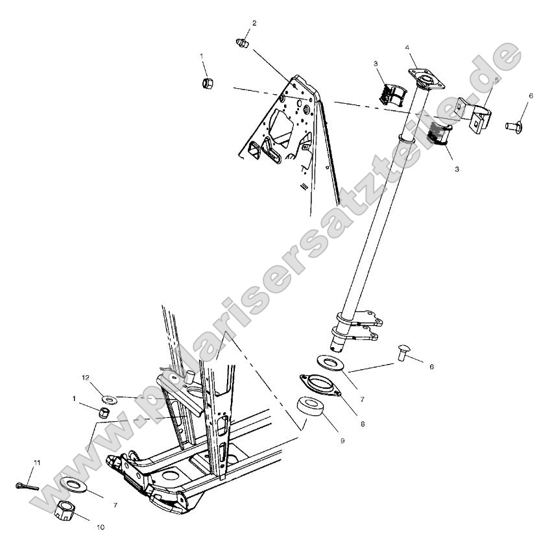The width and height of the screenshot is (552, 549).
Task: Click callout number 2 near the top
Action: coord(254,23)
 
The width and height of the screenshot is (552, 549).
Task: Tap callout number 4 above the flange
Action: coord(407,47)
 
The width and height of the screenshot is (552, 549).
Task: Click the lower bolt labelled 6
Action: coord(403,354)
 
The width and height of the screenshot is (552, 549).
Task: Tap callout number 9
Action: coord(342,441)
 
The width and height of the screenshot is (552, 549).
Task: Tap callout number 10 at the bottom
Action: coord(100,528)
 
